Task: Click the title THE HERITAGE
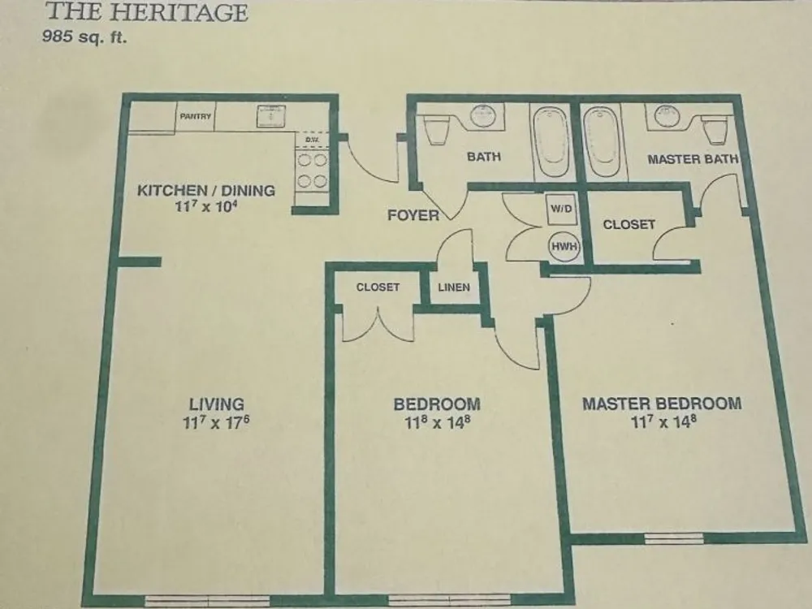pos(147,12)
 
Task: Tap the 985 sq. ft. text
pos(84,37)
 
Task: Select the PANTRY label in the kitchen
pos(195,116)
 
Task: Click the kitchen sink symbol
pos(271,116)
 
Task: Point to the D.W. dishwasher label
pos(312,140)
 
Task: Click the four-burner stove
pos(312,171)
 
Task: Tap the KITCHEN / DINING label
pos(206,190)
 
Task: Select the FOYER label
pos(413,215)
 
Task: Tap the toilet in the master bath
pos(715,129)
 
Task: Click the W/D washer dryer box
pos(562,209)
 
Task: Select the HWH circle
pos(564,247)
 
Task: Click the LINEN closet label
pos(454,287)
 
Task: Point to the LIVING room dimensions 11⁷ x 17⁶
pos(216,422)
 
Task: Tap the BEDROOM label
pos(437,404)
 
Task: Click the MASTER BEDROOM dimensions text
pos(663,421)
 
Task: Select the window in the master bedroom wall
pos(674,538)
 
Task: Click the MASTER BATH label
pos(693,159)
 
